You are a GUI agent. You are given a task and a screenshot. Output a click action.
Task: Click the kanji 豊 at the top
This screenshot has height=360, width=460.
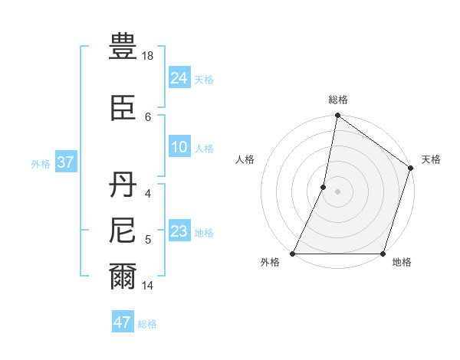coord(123,48)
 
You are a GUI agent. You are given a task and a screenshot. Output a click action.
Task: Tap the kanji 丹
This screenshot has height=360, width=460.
coord(123,185)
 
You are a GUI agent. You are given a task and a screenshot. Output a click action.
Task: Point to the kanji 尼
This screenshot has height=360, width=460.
coord(123,231)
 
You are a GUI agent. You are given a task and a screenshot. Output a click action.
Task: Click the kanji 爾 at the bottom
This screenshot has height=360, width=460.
coord(123,277)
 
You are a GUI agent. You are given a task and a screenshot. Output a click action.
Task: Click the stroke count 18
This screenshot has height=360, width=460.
coord(149,56)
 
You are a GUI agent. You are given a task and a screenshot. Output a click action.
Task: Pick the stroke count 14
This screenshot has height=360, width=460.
coord(149,286)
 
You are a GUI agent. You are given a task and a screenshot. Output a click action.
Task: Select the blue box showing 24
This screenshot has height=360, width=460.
coord(179,77)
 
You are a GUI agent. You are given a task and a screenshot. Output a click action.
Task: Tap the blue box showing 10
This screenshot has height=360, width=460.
coord(179,147)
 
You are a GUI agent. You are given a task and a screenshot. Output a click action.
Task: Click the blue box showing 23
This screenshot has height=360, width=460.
coord(179,231)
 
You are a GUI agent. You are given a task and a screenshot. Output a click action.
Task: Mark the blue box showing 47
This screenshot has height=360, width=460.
coord(122,322)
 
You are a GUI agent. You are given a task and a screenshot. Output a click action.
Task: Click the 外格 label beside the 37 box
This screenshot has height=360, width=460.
coord(40,163)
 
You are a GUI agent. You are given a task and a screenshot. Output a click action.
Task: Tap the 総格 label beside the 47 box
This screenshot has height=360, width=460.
coord(147,324)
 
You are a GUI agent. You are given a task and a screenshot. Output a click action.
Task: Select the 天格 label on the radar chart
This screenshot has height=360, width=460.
coord(431,159)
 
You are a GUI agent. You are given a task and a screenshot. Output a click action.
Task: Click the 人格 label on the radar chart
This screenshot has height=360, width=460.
coord(245,159)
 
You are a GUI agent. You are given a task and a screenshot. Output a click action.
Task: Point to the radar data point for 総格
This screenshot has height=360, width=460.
coord(337,116)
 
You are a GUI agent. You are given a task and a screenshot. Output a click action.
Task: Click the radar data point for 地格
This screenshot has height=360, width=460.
coord(383,254)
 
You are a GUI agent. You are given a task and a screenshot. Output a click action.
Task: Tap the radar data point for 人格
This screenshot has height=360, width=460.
coord(324,187)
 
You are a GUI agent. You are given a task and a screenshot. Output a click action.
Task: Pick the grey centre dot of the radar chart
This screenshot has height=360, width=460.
coord(337,191)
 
